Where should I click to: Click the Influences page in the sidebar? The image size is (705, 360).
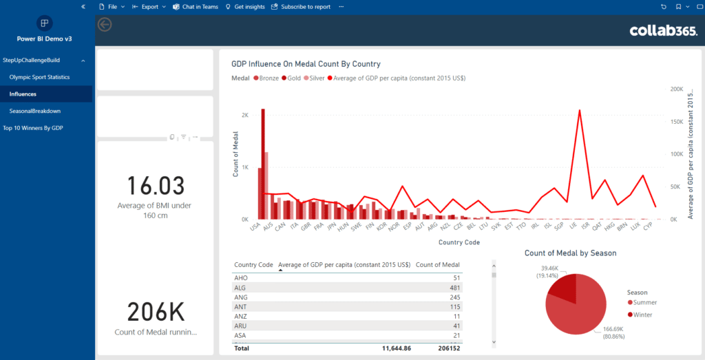point(23,94)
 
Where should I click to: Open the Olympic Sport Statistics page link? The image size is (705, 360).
point(39,77)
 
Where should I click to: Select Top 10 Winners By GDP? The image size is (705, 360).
point(33,127)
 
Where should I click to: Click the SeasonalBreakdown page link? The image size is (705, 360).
point(35,111)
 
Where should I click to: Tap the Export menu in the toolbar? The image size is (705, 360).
point(149,7)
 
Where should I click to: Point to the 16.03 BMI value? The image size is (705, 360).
point(156,186)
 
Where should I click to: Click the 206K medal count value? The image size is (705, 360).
point(156,312)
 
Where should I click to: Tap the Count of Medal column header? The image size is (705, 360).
point(438,265)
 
